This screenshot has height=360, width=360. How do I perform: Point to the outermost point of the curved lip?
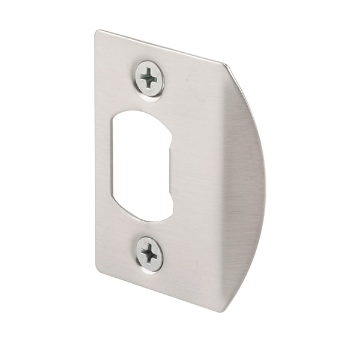(264, 180)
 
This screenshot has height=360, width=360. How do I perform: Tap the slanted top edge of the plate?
(162, 47)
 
